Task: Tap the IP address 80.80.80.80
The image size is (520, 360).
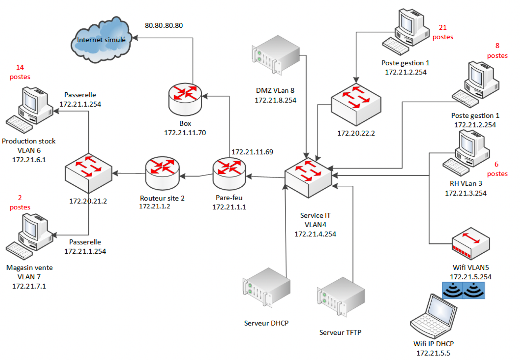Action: [x=163, y=25]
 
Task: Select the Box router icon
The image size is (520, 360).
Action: [x=185, y=99]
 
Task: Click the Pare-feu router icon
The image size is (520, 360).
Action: [x=229, y=174]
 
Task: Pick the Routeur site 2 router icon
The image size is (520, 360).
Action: [x=162, y=173]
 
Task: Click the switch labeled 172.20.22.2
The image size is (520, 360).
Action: [x=356, y=104]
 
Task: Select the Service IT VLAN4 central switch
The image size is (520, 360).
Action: [x=308, y=177]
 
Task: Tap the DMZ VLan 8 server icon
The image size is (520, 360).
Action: [x=276, y=55]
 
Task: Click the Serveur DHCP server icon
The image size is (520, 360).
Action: [x=266, y=287]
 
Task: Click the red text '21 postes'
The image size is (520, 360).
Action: [x=443, y=32]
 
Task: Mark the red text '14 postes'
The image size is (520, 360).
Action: [x=20, y=72]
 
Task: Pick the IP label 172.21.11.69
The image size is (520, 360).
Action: [x=252, y=152]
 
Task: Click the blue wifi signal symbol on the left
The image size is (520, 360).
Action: [x=452, y=290]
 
